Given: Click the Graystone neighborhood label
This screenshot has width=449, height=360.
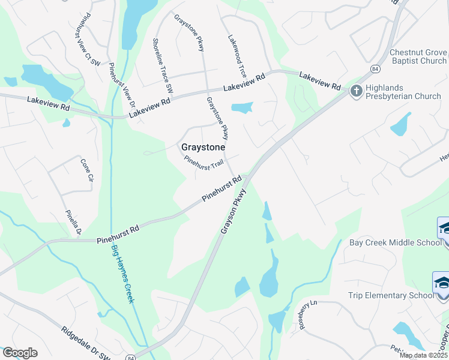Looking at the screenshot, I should [x=203, y=147].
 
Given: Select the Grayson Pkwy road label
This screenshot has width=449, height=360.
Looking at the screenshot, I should [x=234, y=212].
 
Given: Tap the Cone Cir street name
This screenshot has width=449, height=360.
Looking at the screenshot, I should [x=87, y=170].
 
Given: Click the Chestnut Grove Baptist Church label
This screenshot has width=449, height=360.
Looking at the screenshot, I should [x=418, y=56].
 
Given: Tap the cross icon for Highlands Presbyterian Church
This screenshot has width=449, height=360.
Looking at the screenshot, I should [x=355, y=91].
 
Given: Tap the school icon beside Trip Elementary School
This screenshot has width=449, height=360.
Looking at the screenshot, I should [x=442, y=283].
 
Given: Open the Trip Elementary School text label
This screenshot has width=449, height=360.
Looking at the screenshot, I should [x=390, y=295].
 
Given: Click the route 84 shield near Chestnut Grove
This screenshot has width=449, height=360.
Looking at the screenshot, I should [x=375, y=68].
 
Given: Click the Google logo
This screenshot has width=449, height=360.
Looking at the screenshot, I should [x=20, y=353].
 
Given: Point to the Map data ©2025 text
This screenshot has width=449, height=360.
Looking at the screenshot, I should [x=423, y=355].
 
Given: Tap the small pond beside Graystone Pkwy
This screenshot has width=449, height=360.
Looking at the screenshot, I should [x=242, y=108].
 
